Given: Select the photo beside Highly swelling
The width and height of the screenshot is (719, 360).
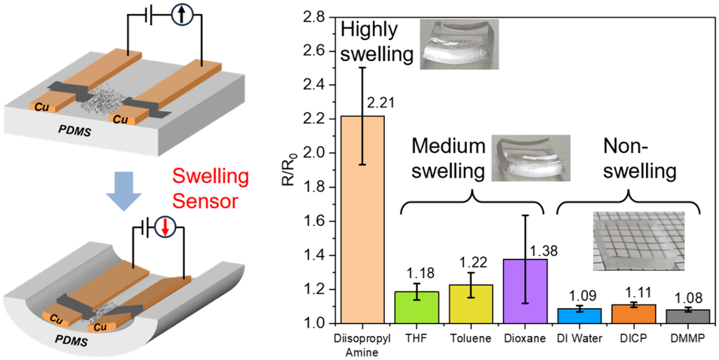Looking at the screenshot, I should point(459,44).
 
